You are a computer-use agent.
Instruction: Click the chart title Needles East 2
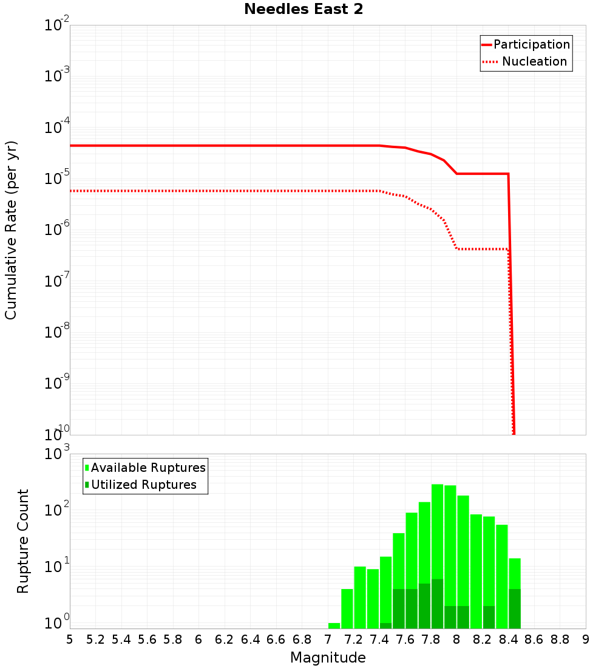pos(303,10)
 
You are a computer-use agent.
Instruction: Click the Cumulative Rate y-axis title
pos(11,230)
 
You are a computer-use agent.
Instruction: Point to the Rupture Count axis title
pos(23,540)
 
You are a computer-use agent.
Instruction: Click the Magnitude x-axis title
pos(328,658)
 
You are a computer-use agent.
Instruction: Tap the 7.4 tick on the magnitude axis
pos(379,639)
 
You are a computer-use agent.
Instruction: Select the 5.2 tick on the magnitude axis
pos(95,639)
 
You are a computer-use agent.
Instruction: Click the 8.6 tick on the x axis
pos(534,639)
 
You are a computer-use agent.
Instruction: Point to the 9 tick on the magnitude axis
pos(586,639)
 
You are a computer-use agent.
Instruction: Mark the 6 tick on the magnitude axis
pos(198,639)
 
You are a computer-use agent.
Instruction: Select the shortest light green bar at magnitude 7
pos(334,625)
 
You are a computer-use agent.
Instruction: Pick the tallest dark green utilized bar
pos(437,604)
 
